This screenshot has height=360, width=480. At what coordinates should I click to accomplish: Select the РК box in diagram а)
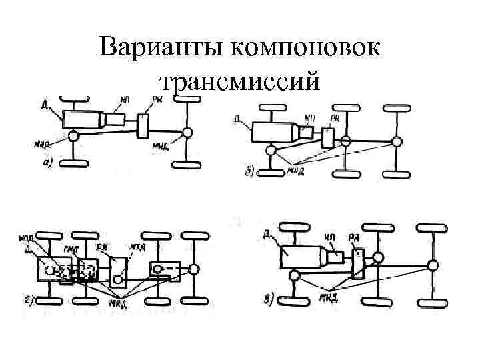(144, 125)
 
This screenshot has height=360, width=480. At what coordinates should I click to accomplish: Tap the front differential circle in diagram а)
(73, 136)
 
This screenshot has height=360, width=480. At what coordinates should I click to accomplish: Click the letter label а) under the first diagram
(48, 163)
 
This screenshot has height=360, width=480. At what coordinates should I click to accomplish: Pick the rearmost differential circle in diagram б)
(397, 141)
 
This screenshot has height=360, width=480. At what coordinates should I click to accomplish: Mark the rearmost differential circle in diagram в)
(433, 265)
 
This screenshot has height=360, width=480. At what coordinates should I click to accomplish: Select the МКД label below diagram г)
(119, 305)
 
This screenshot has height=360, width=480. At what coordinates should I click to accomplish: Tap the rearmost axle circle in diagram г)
(193, 269)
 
